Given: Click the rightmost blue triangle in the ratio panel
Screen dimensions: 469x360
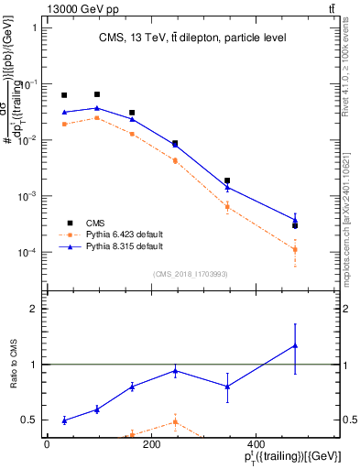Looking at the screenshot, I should [295, 345].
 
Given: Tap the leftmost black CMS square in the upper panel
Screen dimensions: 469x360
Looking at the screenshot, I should [64, 95].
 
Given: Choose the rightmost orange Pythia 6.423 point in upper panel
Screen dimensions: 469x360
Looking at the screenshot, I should [295, 249].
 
